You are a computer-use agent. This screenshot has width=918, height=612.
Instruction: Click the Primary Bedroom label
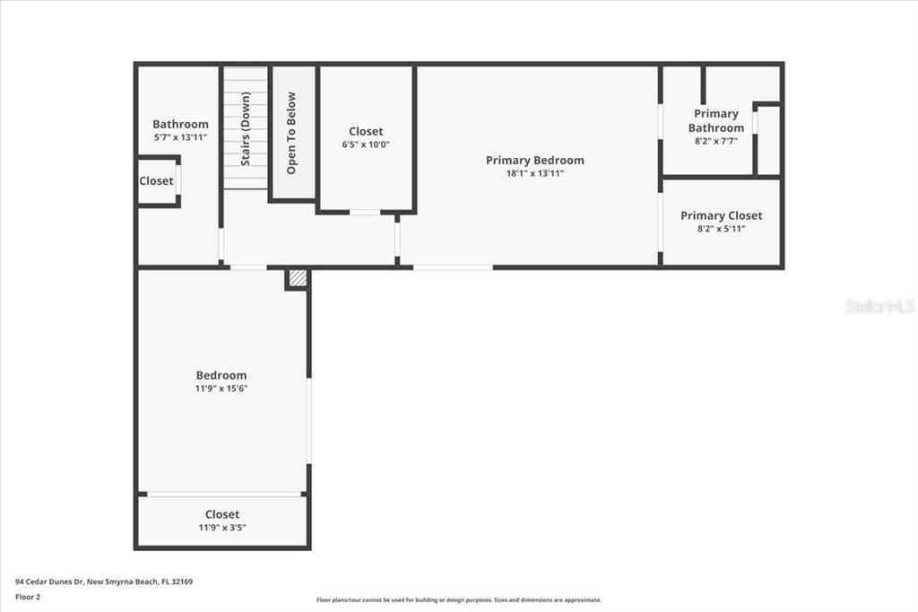pyautogui.click(x=535, y=160)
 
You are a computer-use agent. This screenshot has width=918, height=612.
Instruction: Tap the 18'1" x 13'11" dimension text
pyautogui.click(x=535, y=173)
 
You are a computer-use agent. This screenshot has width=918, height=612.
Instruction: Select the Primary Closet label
pyautogui.click(x=722, y=215)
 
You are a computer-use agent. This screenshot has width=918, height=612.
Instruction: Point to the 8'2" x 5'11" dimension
pyautogui.click(x=722, y=229)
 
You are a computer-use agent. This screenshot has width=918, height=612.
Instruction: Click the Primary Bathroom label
pyautogui.click(x=716, y=121)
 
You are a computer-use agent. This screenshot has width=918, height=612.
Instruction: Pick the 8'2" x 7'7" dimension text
pyautogui.click(x=716, y=141)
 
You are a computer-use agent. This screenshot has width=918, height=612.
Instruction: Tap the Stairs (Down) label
pyautogui.click(x=246, y=129)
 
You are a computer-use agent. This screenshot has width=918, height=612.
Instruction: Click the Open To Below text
pyautogui.click(x=291, y=133)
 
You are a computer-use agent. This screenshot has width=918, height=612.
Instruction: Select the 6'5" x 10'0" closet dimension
pyautogui.click(x=366, y=144)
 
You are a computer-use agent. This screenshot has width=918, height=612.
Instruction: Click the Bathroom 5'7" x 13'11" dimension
pyautogui.click(x=180, y=138)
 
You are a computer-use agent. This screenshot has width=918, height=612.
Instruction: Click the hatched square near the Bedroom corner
pyautogui.click(x=298, y=278)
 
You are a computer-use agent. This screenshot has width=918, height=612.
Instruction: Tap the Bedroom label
pyautogui.click(x=221, y=375)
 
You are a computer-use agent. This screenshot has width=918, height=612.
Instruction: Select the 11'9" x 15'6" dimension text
pyautogui.click(x=221, y=389)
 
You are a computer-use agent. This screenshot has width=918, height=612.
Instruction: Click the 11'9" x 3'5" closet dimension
pyautogui.click(x=222, y=528)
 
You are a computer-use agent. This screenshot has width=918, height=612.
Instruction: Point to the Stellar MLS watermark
pyautogui.click(x=880, y=305)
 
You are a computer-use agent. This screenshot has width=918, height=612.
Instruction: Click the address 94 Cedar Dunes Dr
pyautogui.click(x=50, y=582)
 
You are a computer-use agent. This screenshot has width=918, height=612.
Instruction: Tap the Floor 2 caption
pyautogui.click(x=28, y=598)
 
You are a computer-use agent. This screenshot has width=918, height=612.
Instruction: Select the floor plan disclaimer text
pyautogui.click(x=459, y=600)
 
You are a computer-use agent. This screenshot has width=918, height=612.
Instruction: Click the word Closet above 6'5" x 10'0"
pyautogui.click(x=366, y=131)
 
